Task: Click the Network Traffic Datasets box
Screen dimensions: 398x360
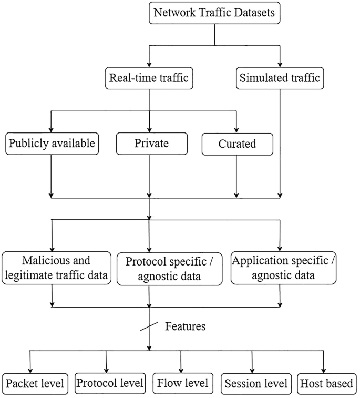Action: tap(214, 13)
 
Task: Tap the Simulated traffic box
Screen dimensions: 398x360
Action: tap(280, 78)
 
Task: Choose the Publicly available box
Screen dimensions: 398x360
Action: tap(52, 144)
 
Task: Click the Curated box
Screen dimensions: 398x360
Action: tap(237, 144)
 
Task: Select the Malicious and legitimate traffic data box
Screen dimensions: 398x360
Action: tap(56, 268)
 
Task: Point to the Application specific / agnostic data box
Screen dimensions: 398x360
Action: tap(283, 268)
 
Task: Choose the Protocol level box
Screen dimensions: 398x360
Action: tap(110, 383)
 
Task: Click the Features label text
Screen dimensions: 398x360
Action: tap(185, 326)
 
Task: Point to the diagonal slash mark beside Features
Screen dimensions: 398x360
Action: tap(150, 327)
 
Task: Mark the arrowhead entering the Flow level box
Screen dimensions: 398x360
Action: tap(181, 370)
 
